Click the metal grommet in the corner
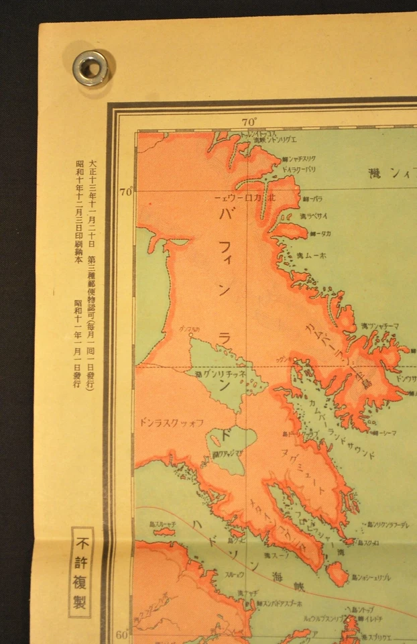pyautogui.click(x=90, y=68)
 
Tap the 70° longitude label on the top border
pyautogui.click(x=249, y=122)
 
